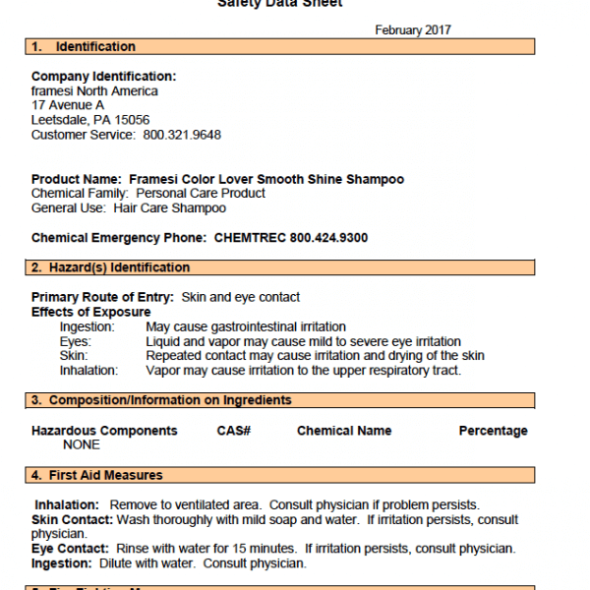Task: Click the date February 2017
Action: (413, 30)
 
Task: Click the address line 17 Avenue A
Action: (68, 105)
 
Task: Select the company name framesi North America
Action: (94, 90)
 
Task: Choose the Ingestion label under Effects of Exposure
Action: (87, 326)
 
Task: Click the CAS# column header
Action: (234, 431)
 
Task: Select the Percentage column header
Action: (493, 431)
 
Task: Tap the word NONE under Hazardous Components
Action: (81, 444)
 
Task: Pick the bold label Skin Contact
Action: (72, 519)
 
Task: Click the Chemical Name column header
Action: (344, 431)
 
